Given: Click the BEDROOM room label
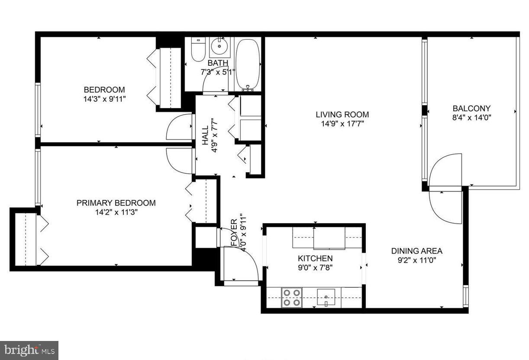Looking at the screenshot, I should [x=104, y=90].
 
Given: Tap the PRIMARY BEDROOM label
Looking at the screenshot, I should [x=116, y=203].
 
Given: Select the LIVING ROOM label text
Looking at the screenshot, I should [x=342, y=115].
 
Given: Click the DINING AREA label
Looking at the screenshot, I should [x=416, y=251].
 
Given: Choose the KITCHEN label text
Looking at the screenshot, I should [x=315, y=258].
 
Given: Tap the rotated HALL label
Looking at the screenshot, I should [x=205, y=135].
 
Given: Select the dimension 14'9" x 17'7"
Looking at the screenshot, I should [x=342, y=124].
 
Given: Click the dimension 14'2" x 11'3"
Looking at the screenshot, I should [x=116, y=212].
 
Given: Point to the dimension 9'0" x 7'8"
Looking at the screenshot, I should [x=315, y=267].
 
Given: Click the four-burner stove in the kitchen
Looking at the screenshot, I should [x=291, y=298].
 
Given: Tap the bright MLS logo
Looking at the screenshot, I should [x=29, y=350].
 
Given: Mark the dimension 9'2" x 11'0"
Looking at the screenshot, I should [x=416, y=260].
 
